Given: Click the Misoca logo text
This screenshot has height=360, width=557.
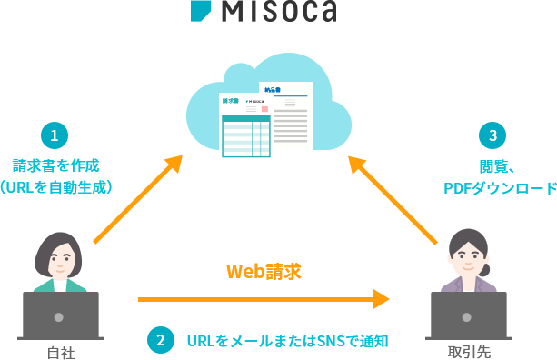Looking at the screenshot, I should [x=280, y=10].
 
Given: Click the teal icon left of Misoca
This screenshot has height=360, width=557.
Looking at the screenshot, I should [x=201, y=9].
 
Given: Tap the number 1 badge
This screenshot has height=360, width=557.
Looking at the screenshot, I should [x=54, y=135].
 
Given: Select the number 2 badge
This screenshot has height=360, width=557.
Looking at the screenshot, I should [x=160, y=340].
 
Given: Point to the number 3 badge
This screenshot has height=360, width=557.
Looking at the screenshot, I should [x=492, y=135].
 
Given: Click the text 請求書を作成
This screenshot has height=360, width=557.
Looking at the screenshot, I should [x=55, y=165].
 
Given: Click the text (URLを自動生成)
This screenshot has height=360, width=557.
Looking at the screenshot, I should [x=55, y=187].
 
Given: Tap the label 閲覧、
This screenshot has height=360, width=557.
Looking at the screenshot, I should [x=497, y=166].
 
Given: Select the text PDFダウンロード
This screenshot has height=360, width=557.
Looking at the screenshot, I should [x=499, y=188].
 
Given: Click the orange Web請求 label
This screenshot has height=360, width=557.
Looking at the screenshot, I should [x=264, y=271].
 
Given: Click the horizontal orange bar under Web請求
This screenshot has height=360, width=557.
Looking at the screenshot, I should [x=264, y=299].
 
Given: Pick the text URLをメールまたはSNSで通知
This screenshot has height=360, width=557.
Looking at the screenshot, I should [x=287, y=341].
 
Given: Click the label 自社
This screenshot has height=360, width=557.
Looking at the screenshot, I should [x=60, y=352].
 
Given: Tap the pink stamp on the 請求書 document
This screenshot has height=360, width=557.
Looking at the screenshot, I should [x=264, y=109].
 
